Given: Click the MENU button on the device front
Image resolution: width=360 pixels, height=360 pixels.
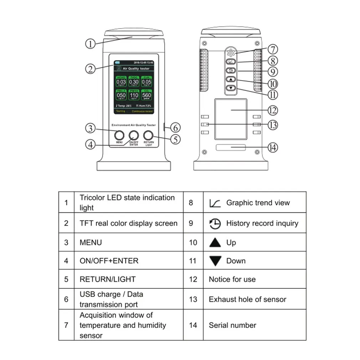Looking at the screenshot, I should click(119, 135).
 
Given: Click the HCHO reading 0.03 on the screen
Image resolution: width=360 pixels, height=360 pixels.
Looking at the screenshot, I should click(121, 82).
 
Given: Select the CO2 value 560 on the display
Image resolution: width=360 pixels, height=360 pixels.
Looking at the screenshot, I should click(146, 95).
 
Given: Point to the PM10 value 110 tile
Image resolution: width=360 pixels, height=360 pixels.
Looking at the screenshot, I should click(134, 95).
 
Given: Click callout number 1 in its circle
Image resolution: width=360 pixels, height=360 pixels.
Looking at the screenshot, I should click(91, 44).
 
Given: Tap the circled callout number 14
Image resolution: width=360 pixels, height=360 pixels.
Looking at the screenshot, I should click(273, 147).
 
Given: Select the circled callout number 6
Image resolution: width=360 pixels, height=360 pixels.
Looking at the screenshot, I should click(175, 127).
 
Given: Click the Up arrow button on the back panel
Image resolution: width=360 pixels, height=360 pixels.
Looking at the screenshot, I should click(231, 79).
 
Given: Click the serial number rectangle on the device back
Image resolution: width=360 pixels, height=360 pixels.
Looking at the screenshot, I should click(231, 148).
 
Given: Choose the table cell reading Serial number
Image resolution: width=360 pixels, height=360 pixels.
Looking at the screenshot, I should click(232, 325).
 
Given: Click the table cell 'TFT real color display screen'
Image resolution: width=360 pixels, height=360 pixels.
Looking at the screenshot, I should click(128, 223).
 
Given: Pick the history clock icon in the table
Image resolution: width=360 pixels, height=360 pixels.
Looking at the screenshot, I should click(215, 223).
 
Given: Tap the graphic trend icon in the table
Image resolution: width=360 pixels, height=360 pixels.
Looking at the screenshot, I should click(215, 203).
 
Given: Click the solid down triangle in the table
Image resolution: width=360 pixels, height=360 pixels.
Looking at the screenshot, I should click(215, 261).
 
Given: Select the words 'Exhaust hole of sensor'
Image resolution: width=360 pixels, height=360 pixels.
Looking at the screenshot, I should click(247, 299).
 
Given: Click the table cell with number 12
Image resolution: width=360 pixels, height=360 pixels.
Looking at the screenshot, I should click(193, 279).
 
